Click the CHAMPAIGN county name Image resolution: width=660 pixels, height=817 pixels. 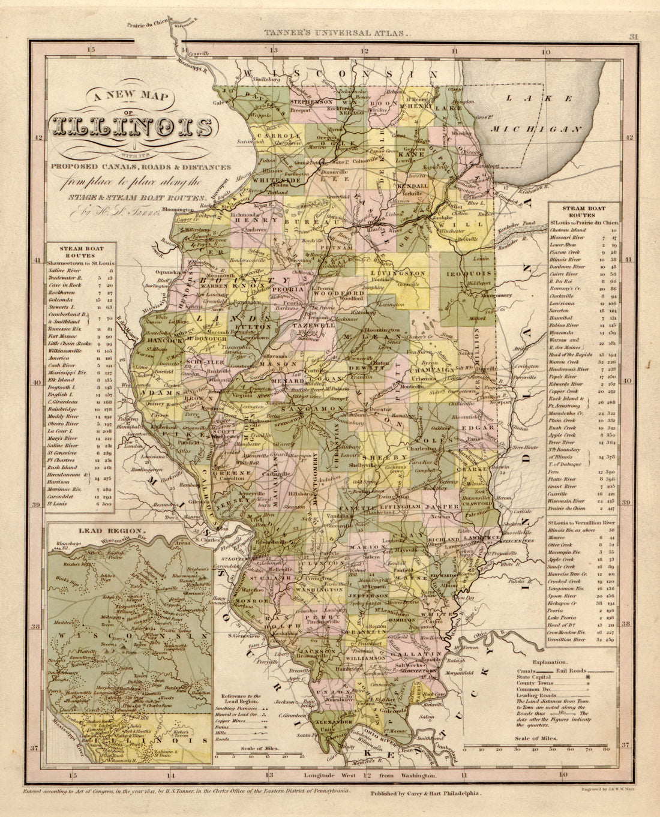click(x=431, y=370)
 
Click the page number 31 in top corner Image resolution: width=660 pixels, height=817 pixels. click(x=632, y=37)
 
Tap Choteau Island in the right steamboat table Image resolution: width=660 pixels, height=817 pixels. click(x=571, y=230)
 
